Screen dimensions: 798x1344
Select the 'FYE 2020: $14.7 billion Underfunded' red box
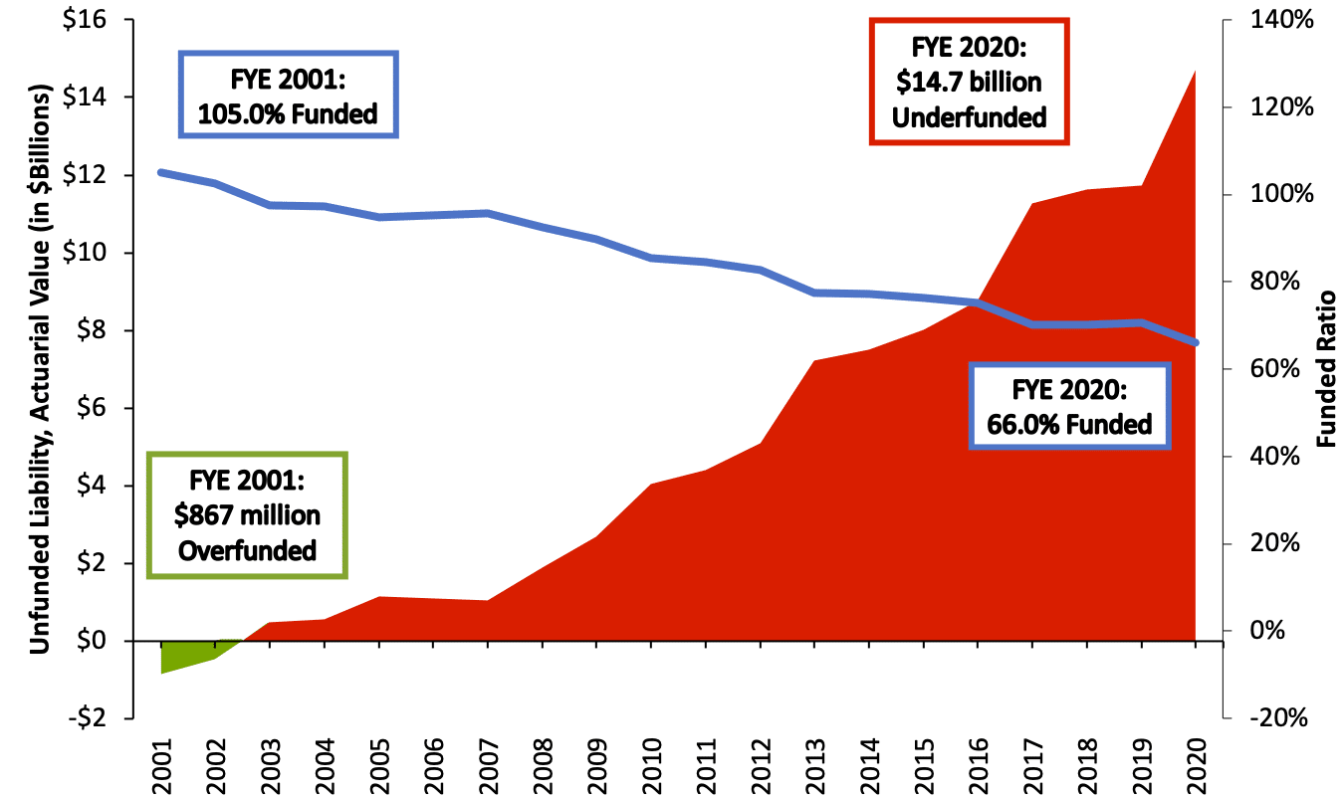click(969, 82)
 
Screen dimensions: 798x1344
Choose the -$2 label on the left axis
click(91, 718)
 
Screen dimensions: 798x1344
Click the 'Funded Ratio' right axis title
click(1326, 369)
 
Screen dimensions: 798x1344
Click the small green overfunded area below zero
click(179, 655)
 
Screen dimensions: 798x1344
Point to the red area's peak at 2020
click(1194, 72)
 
